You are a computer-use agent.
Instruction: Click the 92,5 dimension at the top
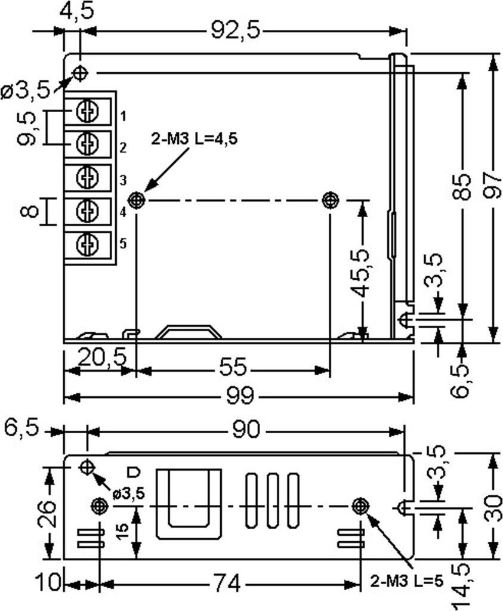pos(235,30)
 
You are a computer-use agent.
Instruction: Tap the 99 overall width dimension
pos(240,397)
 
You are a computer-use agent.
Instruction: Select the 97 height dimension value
pos(493,185)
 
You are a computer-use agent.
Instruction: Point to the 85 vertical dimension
pos(462,187)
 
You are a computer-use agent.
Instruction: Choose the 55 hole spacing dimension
pos(233,367)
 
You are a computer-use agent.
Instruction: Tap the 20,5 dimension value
pos(102,356)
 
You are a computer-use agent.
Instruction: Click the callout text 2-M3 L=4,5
pos(195,138)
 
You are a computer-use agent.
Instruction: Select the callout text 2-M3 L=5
pos(407,582)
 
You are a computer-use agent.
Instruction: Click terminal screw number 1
pos(87,112)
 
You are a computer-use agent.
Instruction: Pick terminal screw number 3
pos(87,178)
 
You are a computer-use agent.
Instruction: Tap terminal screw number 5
pos(87,245)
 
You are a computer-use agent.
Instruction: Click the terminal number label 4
pos(123,212)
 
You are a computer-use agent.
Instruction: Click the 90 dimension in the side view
pos(245,430)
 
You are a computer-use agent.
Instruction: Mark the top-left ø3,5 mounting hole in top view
pos(81,72)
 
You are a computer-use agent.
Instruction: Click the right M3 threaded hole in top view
pos(331,200)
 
